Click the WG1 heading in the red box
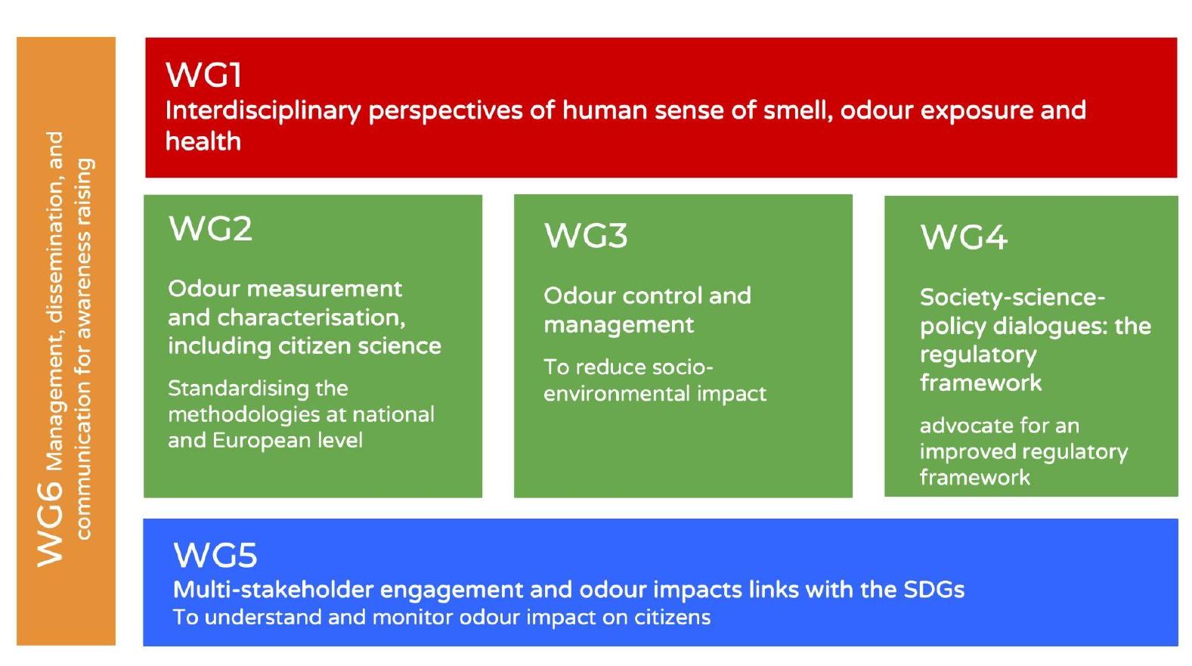pos(204,75)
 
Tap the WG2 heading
pos(210,229)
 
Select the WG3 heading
pos(586,236)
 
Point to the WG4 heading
pos(964,237)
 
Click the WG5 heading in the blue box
pos(215,555)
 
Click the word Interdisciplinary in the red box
pos(263,111)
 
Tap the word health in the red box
pos(203,141)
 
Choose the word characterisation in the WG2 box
pos(311,318)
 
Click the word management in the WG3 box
pos(619,325)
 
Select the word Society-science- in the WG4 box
pos(1013,298)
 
